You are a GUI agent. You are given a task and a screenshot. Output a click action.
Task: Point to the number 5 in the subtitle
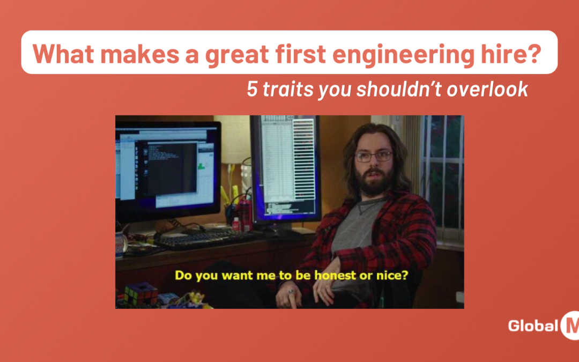252,89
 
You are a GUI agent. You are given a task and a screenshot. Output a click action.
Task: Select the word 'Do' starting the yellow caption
183,276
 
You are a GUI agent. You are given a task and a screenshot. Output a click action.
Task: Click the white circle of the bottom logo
570,326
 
